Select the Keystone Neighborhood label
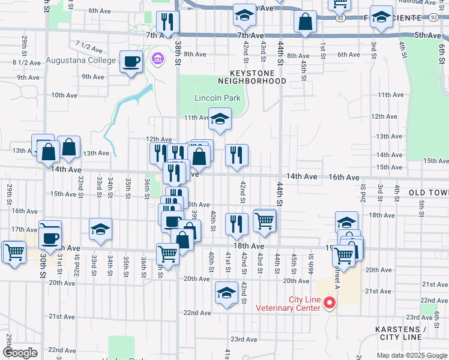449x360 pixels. [252, 76]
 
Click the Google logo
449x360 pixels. [20, 353]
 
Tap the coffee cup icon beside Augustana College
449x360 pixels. [131, 61]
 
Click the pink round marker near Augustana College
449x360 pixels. [158, 59]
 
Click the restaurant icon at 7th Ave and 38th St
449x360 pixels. [167, 22]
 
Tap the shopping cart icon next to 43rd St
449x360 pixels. [264, 221]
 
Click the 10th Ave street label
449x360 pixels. [64, 95]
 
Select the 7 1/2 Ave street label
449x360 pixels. [88, 45]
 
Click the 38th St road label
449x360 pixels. [178, 53]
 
